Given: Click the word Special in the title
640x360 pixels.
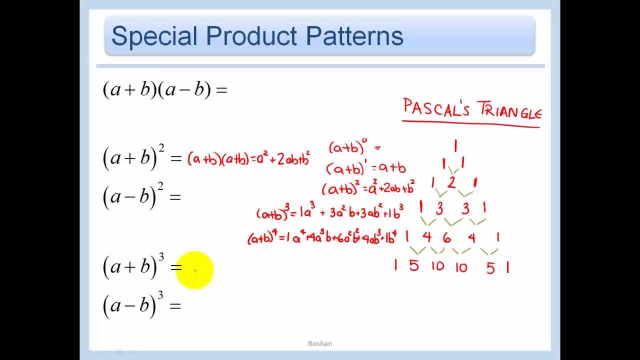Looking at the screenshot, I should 154,36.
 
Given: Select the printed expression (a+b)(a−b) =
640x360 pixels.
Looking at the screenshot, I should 165,89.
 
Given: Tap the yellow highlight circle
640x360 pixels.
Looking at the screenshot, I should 195,270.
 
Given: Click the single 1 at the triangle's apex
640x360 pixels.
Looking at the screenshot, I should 455,146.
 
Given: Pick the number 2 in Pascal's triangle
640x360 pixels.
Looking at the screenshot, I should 451,183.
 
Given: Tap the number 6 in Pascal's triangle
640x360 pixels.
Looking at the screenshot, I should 446,238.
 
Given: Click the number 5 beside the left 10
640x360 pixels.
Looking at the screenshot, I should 413,265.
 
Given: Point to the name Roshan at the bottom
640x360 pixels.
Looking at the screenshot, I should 320,343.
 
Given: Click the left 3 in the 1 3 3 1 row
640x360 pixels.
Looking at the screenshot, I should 439,209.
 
